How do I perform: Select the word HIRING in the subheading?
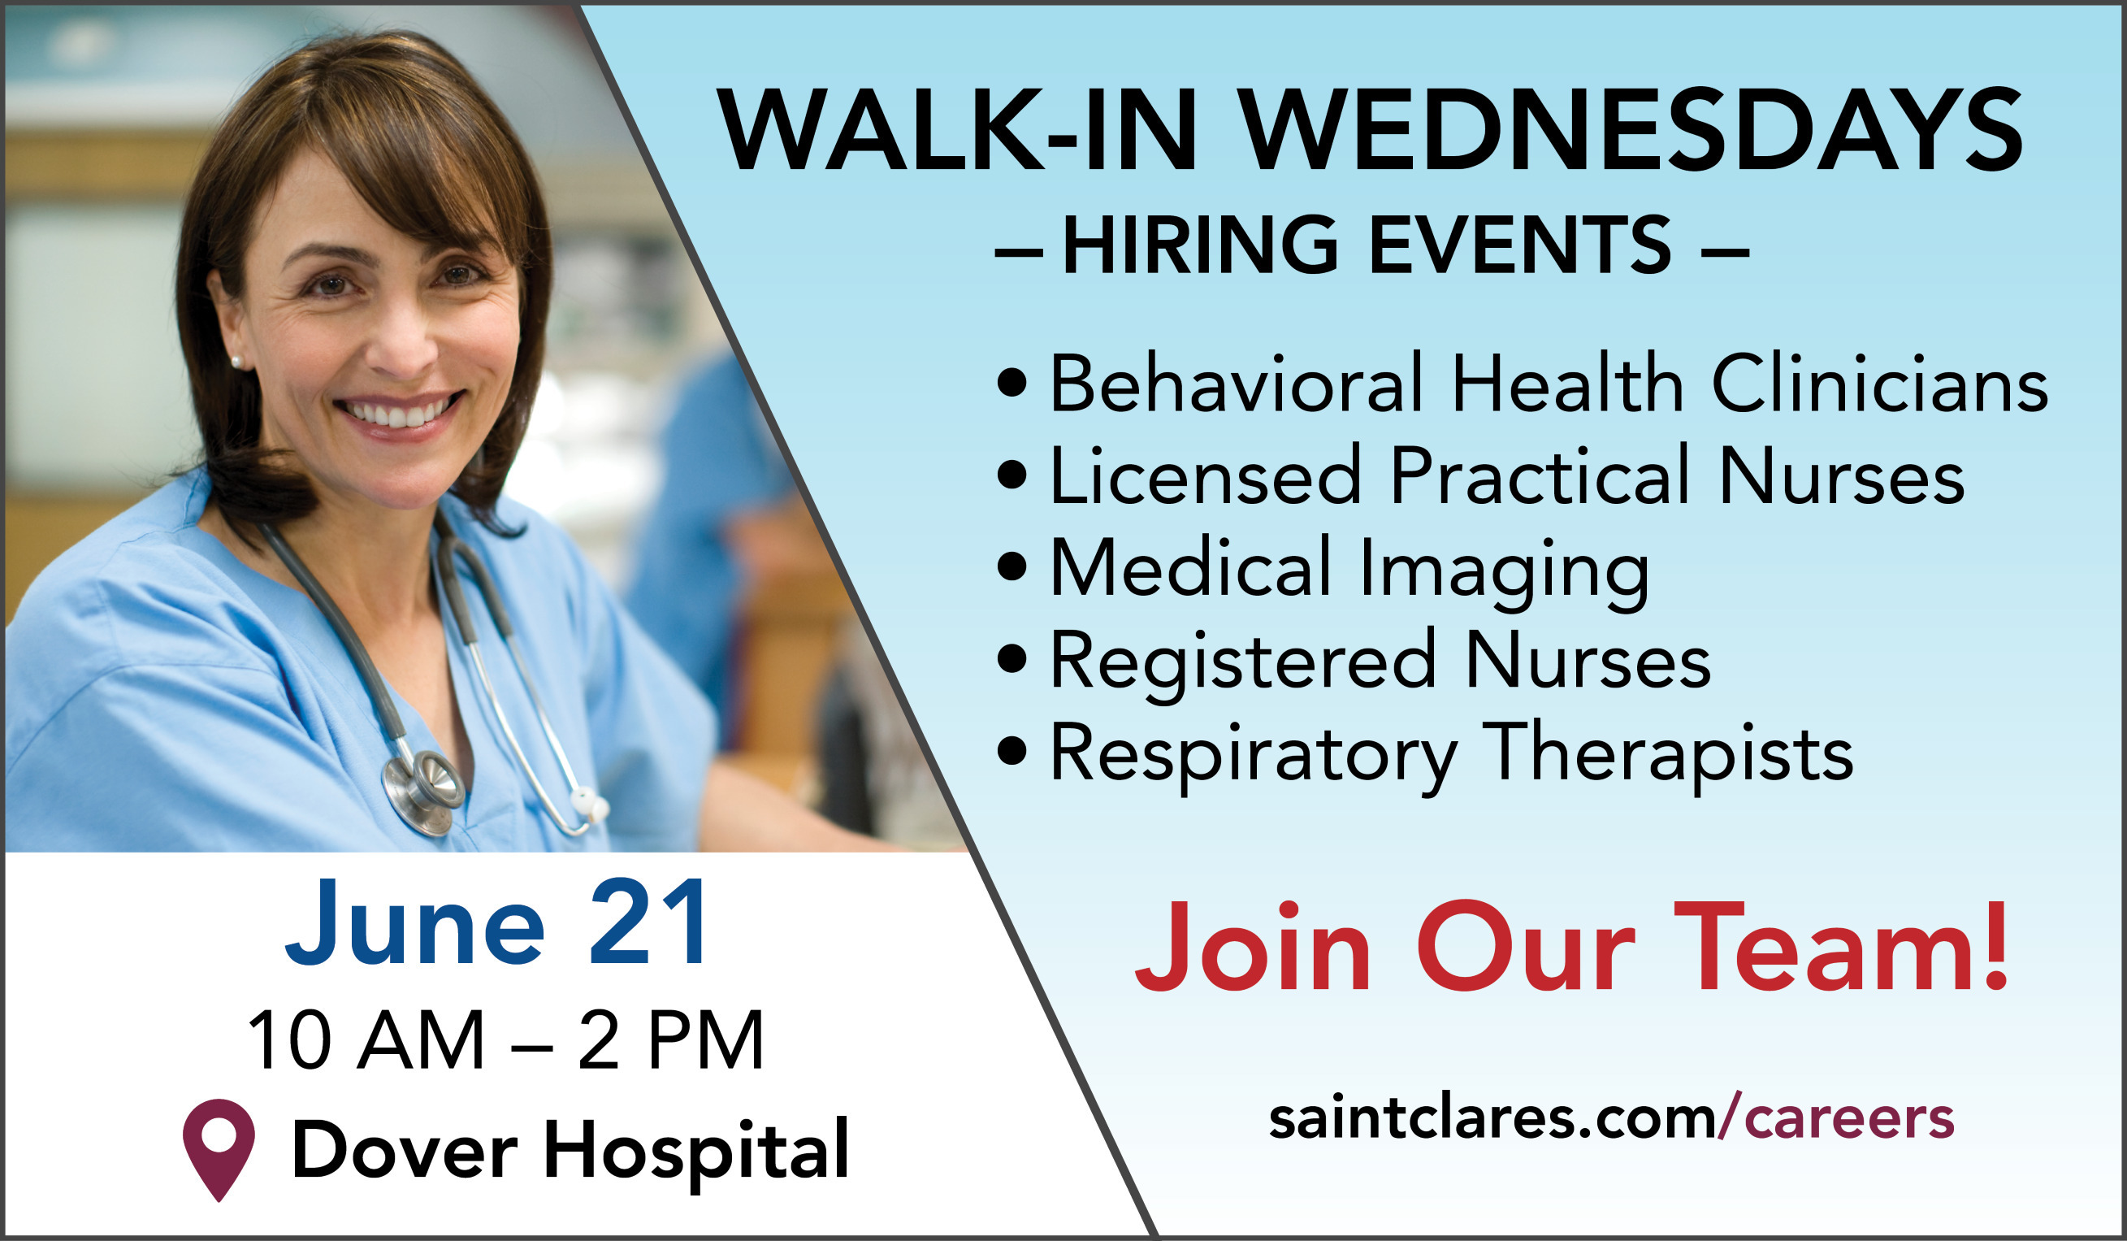click(x=1199, y=245)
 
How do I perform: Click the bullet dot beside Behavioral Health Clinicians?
click(x=1012, y=383)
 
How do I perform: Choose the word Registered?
click(x=1241, y=661)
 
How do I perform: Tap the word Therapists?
click(x=1667, y=754)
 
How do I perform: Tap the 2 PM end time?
click(x=671, y=1040)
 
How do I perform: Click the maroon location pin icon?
click(x=219, y=1144)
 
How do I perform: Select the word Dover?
click(x=404, y=1150)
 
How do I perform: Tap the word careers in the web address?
click(x=1848, y=1119)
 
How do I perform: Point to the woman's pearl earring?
click(x=237, y=362)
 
